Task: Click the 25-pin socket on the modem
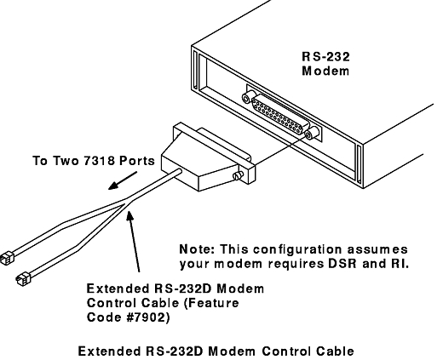point(280,114)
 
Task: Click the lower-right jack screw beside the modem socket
point(311,133)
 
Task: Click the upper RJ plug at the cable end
point(7,258)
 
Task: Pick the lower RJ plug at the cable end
point(23,279)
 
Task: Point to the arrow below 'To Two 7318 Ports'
point(123,180)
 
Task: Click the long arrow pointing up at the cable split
point(134,241)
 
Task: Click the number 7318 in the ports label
point(100,161)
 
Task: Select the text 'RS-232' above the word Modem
point(325,57)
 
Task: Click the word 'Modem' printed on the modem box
point(325,71)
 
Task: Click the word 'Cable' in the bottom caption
point(335,351)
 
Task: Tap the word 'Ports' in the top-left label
point(137,161)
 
